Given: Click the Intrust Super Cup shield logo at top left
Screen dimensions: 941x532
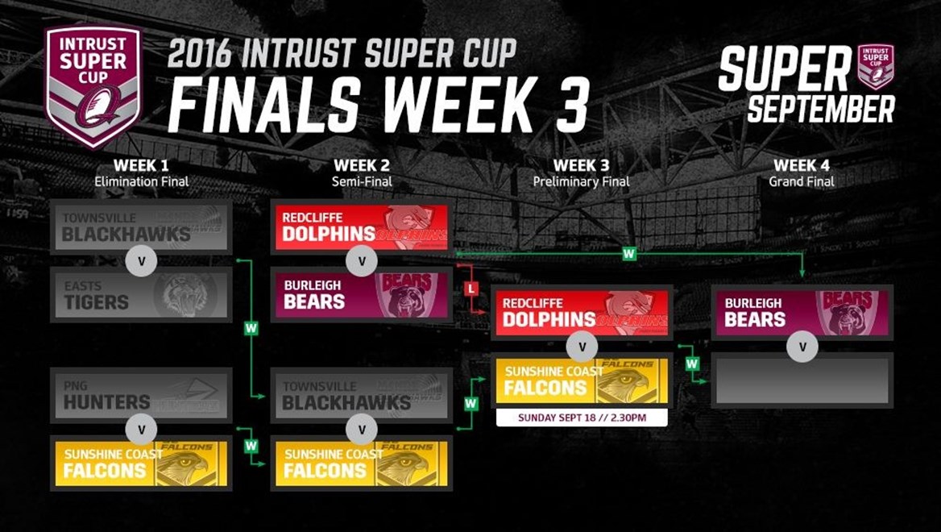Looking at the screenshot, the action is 93,85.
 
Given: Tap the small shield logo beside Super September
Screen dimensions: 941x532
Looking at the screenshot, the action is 876,67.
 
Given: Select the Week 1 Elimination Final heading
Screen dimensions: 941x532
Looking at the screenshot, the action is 142,173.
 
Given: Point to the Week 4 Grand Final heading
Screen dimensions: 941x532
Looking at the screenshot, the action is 802,173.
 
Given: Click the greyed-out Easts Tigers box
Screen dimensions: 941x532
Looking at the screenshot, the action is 141,295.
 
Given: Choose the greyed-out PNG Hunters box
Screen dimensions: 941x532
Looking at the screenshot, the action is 141,395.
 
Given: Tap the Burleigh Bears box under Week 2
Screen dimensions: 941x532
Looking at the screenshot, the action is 362,295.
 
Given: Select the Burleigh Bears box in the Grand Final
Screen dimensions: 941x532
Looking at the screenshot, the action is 802,313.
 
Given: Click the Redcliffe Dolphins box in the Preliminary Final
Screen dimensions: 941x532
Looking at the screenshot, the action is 582,313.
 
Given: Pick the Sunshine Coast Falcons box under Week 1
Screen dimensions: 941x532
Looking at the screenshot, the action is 141,463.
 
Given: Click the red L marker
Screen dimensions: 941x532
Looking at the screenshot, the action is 471,289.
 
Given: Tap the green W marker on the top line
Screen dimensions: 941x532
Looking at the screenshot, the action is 629,254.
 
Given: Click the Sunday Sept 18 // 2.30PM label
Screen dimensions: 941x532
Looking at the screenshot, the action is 582,418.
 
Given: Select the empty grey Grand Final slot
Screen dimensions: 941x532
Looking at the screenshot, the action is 802,380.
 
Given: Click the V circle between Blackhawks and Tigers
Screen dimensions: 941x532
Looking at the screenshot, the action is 143,261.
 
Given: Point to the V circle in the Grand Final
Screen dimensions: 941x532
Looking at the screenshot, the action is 802,347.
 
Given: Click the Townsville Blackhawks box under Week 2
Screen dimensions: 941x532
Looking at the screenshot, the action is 362,395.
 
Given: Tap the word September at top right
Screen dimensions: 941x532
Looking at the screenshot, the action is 820,109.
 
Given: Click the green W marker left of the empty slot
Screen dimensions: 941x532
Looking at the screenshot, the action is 692,364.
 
